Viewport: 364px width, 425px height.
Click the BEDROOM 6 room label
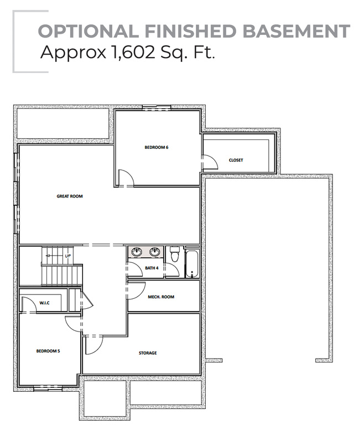tap(157, 147)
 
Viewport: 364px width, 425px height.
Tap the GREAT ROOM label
tap(70, 196)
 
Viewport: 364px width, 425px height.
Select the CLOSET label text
tap(236, 160)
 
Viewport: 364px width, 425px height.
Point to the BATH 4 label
tap(152, 268)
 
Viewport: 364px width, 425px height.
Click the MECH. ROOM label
tap(161, 297)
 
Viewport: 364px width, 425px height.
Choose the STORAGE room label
tap(148, 353)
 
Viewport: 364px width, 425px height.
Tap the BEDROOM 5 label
tap(48, 351)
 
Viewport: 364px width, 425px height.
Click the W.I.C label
tap(44, 303)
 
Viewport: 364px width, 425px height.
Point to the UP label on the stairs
tap(67, 256)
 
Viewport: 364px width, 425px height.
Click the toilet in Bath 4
tap(175, 254)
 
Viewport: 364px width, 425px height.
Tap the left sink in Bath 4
tap(137, 252)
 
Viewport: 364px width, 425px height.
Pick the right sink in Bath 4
tap(155, 252)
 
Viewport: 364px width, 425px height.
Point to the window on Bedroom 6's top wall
tap(157, 107)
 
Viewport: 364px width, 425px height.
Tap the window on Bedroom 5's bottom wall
tap(48, 388)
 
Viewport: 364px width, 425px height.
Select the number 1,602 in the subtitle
tap(133, 52)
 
